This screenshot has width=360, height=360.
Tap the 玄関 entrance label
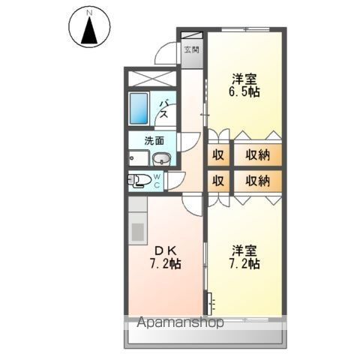point(192,51)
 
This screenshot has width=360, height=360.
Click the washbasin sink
point(160,158)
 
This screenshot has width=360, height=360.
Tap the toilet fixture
point(138,180)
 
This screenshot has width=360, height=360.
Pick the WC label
point(157,180)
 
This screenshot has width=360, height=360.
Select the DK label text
point(164,250)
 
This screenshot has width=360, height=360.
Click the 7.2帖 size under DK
point(164,265)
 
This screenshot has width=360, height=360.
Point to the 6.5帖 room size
point(244,92)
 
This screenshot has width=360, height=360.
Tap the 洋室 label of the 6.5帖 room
point(244,78)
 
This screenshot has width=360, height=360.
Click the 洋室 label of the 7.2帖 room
point(244,250)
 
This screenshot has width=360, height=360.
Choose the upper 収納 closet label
point(257,155)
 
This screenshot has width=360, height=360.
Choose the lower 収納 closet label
point(257,181)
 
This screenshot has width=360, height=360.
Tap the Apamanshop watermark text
point(179,324)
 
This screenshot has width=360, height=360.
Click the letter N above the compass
point(89,13)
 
